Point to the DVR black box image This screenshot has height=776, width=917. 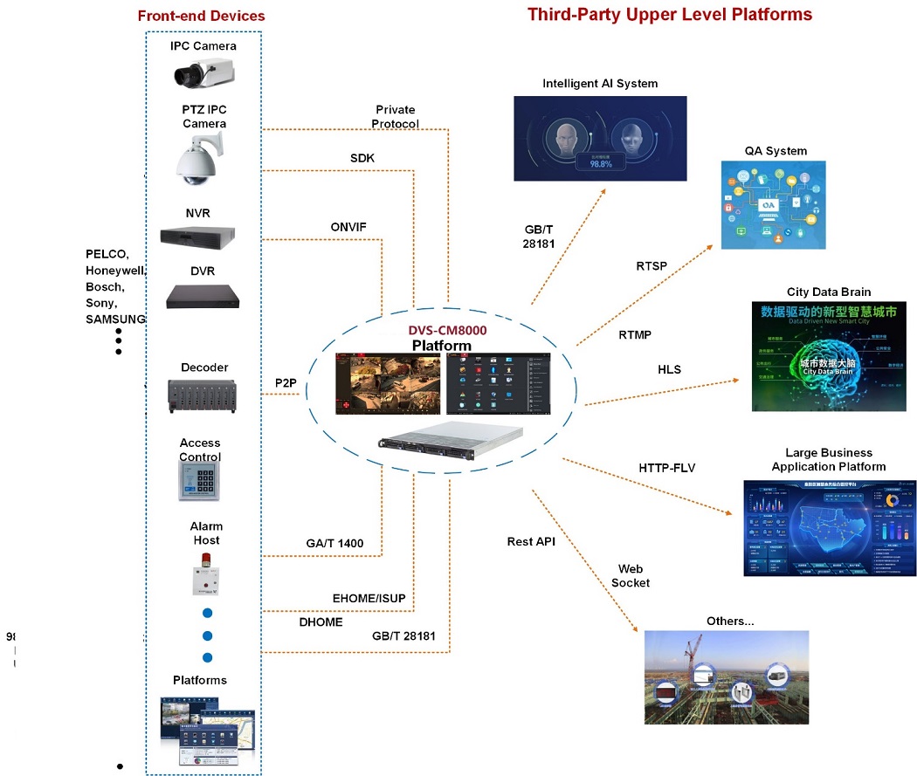(203, 297)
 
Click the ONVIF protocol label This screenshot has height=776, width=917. (348, 227)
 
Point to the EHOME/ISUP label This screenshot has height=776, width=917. (369, 598)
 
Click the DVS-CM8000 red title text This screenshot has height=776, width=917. (448, 332)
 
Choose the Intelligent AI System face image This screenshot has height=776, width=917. (600, 138)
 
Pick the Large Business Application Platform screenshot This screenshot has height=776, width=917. (830, 527)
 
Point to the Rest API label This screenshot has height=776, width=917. (531, 541)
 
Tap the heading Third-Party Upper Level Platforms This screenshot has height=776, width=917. (670, 15)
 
